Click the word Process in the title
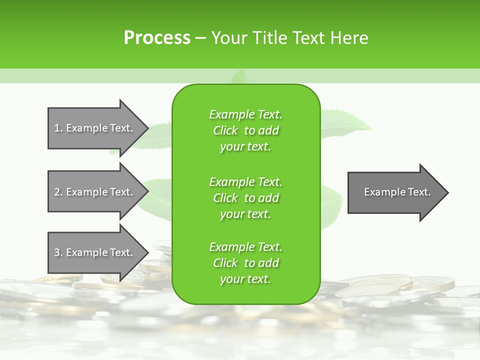(x=157, y=38)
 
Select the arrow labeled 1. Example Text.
(x=95, y=128)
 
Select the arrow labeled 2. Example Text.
(x=95, y=192)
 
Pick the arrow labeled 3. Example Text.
(x=95, y=252)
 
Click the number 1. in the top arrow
(x=58, y=128)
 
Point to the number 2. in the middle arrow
(x=58, y=192)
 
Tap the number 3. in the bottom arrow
(x=58, y=252)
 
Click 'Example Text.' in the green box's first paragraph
(x=245, y=114)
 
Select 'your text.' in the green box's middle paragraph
(x=245, y=214)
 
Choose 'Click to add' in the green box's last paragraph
(x=245, y=263)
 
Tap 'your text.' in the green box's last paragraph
(x=245, y=279)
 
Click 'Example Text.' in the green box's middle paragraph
(x=245, y=182)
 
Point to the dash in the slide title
(x=200, y=38)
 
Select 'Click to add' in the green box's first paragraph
(x=245, y=130)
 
